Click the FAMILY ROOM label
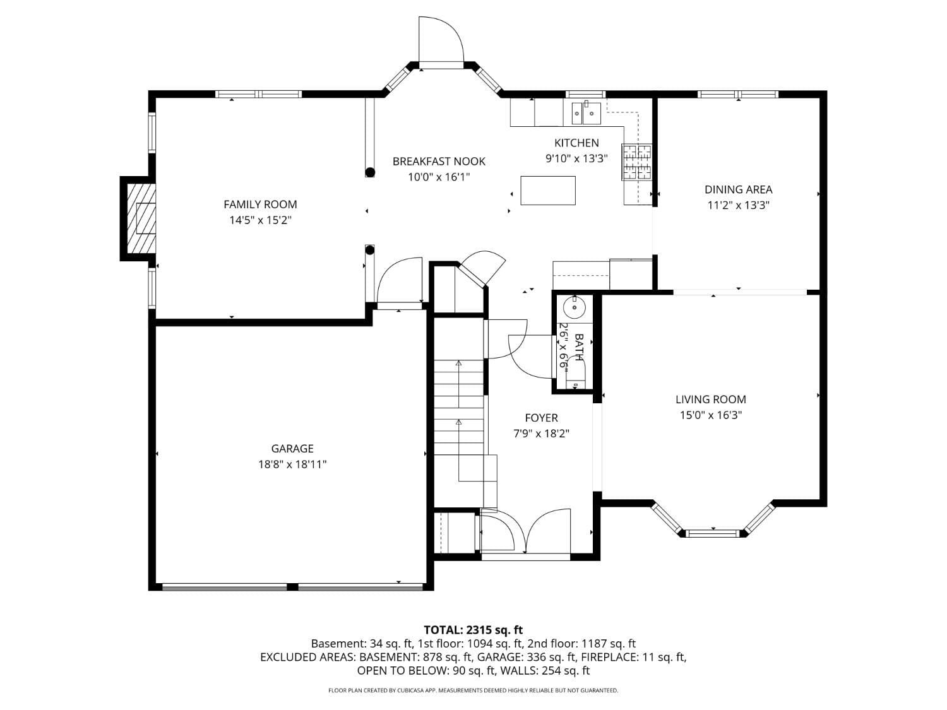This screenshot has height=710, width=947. point(260,204)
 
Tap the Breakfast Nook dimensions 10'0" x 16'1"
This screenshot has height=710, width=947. point(439,177)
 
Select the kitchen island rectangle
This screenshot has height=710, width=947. point(548,191)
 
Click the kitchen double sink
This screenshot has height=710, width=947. point(587,113)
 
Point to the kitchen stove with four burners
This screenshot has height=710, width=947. point(636,162)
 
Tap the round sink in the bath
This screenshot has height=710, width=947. point(575,308)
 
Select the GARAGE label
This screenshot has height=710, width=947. point(292,449)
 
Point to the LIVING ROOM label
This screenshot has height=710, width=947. point(711,399)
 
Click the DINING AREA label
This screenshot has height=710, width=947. point(738,189)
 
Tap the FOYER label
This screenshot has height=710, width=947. point(541,418)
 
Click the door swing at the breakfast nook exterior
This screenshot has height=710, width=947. point(441,39)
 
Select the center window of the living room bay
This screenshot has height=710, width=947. point(713,533)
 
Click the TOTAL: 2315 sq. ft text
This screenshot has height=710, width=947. point(473,630)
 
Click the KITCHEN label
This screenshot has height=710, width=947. point(576,143)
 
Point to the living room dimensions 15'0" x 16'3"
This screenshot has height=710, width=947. point(711,415)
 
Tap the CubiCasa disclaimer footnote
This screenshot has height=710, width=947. point(473,690)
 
